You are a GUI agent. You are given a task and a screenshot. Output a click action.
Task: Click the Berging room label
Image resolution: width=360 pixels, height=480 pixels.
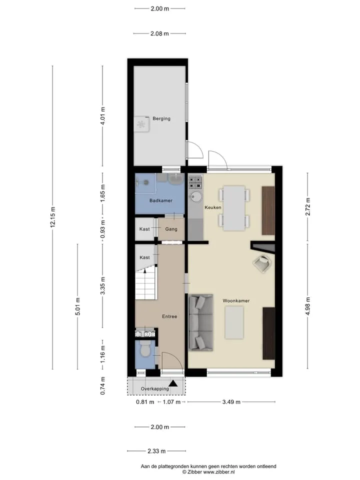coord(161,118)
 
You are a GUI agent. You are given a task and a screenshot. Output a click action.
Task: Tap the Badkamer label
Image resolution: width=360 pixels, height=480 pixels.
coord(160,200)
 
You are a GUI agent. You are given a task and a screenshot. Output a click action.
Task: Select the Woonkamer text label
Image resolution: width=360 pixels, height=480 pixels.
coord(236,300)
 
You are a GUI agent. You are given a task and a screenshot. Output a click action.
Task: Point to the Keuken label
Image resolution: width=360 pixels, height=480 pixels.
coord(213,207)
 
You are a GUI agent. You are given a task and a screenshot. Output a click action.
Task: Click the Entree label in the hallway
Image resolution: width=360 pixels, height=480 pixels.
coord(169,316)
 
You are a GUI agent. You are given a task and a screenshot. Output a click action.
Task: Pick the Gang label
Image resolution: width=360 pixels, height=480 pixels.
coord(171,229)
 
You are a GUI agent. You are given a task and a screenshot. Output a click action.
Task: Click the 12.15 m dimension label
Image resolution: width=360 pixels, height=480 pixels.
coord(53,216)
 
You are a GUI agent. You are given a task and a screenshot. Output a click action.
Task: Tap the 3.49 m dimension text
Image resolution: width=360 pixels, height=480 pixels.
coord(231,402)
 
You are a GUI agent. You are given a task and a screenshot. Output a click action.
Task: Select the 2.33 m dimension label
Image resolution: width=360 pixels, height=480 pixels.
coord(156,451)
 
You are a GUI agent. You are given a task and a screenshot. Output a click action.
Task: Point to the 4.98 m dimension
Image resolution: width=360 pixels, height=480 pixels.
coord(308,306)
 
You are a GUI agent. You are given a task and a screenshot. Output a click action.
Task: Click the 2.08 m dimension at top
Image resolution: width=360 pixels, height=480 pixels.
coord(159,33)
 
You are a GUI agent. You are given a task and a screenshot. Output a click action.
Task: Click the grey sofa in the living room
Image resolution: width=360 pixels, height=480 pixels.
coord(200,322)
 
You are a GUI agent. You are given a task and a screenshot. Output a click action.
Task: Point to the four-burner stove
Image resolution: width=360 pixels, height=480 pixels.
coord(195,182)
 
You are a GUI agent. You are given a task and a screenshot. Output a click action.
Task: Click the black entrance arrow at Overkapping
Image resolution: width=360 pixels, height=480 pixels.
coord(173,383)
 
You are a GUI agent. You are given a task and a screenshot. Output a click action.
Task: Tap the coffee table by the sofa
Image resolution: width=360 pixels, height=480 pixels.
coord(234,322)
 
